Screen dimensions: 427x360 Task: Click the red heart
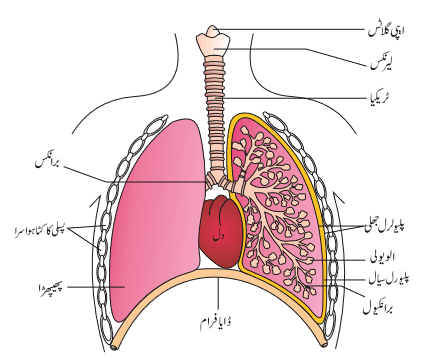pyautogui.click(x=221, y=232)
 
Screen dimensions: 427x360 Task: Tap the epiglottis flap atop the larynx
pyautogui.click(x=213, y=31)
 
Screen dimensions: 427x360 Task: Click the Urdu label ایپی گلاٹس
pyautogui.click(x=386, y=30)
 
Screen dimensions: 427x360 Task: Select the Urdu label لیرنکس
pyautogui.click(x=381, y=64)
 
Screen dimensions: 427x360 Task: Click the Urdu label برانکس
pyautogui.click(x=47, y=163)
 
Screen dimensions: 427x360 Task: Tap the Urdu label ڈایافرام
pyautogui.click(x=216, y=322)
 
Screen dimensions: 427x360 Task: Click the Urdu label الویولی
pyautogui.click(x=383, y=257)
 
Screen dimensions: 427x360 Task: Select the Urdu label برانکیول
pyautogui.click(x=378, y=308)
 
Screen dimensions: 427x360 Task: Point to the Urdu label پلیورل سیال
pyautogui.click(x=389, y=278)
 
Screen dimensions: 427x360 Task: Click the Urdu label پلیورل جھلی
pyautogui.click(x=386, y=227)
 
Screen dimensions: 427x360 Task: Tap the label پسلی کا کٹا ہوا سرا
pyautogui.click(x=40, y=230)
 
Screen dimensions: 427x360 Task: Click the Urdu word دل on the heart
pyautogui.click(x=219, y=237)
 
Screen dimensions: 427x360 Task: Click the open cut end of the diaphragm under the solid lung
pyautogui.click(x=115, y=347)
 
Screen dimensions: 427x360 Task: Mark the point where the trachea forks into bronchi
pyautogui.click(x=216, y=177)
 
